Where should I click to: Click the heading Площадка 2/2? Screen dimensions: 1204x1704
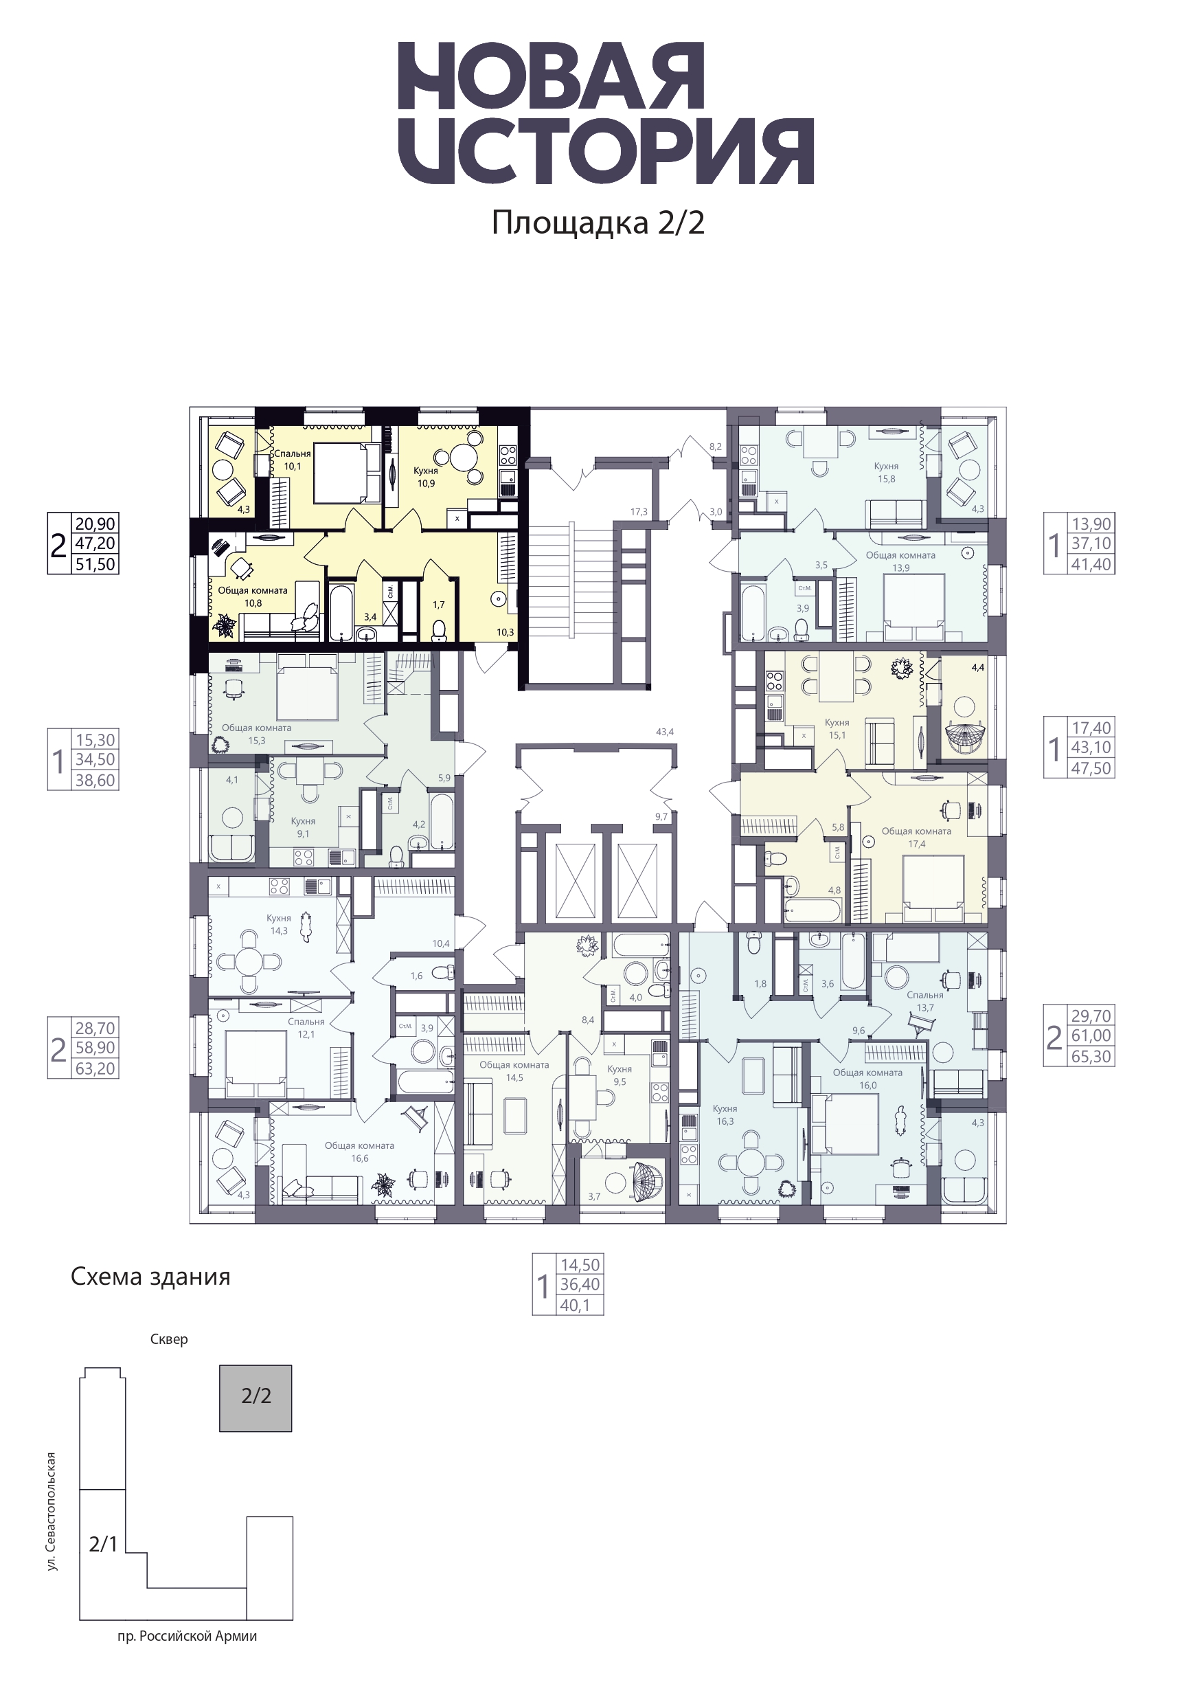click(598, 223)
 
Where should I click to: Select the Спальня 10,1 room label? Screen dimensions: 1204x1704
click(293, 460)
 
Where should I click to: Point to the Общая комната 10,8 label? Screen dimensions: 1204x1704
click(253, 596)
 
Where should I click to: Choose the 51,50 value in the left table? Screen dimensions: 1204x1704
click(95, 564)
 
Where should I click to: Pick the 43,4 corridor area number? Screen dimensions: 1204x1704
click(665, 732)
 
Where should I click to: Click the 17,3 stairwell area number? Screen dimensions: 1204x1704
click(639, 512)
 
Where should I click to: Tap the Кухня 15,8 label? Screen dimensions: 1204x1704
click(887, 473)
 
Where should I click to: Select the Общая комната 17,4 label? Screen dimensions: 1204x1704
click(916, 838)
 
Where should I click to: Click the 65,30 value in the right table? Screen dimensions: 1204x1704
click(1091, 1056)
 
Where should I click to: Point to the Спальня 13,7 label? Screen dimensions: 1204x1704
click(925, 1002)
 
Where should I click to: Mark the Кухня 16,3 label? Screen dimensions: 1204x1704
click(725, 1114)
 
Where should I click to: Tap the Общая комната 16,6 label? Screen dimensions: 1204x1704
click(360, 1152)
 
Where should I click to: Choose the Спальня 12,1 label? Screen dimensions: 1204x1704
click(306, 1028)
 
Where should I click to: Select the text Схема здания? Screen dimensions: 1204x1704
click(150, 1277)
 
